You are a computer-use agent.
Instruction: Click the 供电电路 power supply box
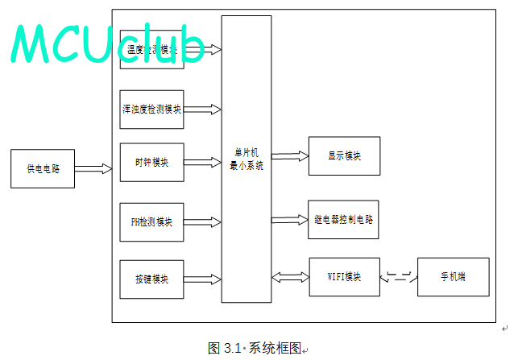click(43, 169)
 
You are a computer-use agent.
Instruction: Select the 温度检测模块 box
click(151, 50)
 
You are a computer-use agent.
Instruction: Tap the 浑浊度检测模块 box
click(151, 110)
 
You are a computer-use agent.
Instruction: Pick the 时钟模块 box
click(151, 163)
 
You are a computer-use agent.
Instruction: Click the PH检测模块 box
click(151, 222)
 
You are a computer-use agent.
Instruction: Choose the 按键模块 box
click(151, 279)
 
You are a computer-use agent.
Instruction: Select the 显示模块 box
click(344, 155)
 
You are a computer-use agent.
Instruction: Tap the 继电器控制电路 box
click(343, 219)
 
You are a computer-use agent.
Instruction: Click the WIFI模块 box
click(344, 277)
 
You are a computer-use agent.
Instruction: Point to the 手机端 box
click(453, 277)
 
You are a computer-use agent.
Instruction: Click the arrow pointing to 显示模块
click(290, 155)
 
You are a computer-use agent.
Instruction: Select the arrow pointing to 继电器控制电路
click(290, 219)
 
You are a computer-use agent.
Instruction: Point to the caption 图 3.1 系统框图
click(255, 348)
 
